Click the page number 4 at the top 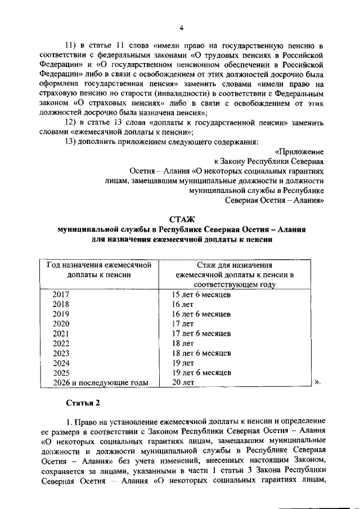181,28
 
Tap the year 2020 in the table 61,324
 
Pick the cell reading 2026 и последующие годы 100,382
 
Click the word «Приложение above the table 299,151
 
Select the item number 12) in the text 74,123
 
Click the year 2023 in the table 61,353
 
